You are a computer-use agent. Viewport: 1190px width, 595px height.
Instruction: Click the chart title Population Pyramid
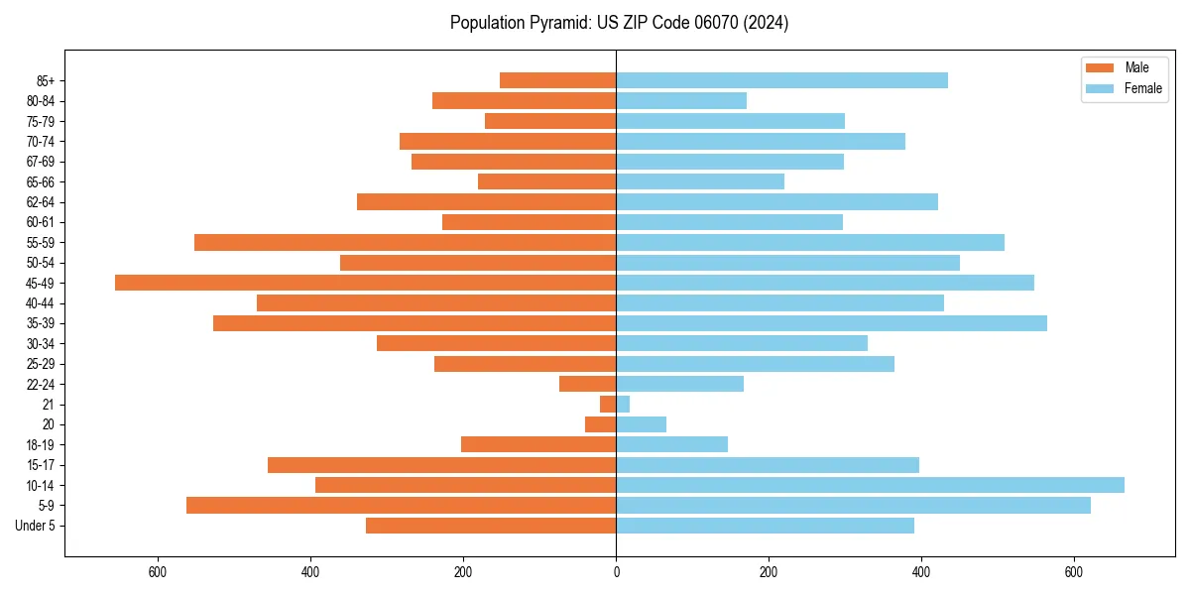[619, 23]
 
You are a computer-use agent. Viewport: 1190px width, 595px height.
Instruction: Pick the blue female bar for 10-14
[870, 485]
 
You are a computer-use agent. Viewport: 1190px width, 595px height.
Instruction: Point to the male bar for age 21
[608, 404]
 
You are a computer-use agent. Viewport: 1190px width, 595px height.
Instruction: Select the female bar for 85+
[781, 80]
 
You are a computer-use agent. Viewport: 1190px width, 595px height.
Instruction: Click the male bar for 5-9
[401, 505]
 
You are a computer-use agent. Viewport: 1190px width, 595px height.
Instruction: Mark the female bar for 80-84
[681, 100]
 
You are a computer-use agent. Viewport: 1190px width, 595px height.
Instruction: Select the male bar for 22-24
[587, 384]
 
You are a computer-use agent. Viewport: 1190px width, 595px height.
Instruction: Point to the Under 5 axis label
[35, 526]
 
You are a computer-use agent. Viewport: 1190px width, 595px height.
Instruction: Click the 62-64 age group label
[41, 202]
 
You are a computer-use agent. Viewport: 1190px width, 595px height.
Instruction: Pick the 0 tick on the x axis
[616, 572]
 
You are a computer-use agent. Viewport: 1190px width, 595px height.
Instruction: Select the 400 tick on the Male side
[310, 572]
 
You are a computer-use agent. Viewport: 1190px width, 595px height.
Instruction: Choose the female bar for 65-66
[700, 181]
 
